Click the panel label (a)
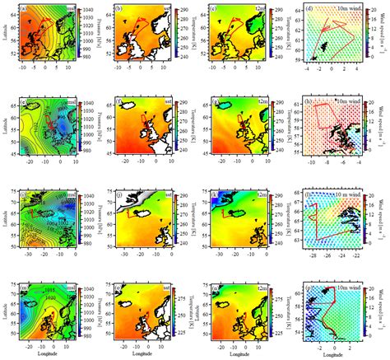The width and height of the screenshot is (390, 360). [x=26, y=10]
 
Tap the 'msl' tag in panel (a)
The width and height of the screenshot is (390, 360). [x=71, y=9]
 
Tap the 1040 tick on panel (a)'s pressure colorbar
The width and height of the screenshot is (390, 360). [x=89, y=7]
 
